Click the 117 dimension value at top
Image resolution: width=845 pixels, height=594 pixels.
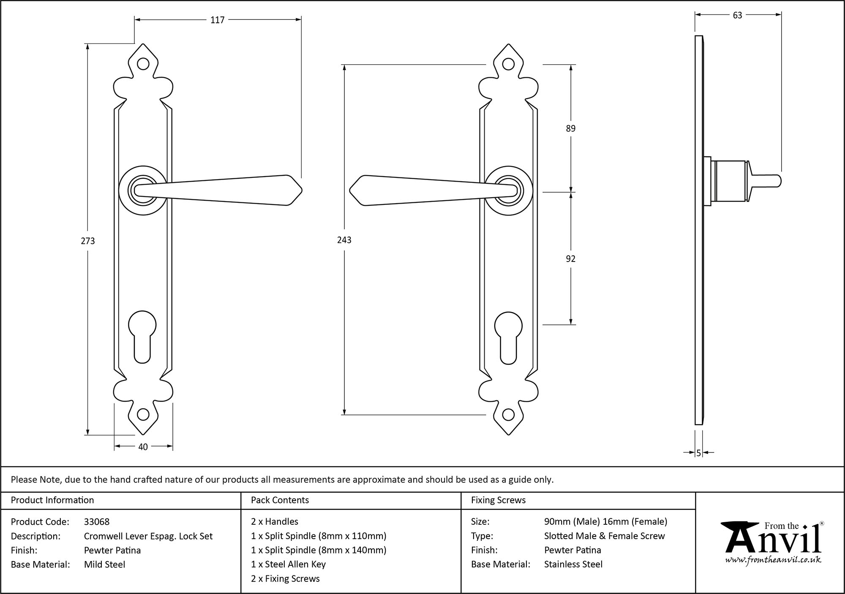(x=217, y=20)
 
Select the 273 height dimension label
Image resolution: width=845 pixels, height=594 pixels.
(x=88, y=241)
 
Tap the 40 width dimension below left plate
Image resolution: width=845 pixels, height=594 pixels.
(x=143, y=447)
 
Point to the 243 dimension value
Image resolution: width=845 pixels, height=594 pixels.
(x=344, y=240)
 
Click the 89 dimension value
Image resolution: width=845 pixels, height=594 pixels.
(x=570, y=128)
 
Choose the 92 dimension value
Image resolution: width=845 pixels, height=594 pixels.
(x=570, y=259)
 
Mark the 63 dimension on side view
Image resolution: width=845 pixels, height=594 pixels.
(x=737, y=15)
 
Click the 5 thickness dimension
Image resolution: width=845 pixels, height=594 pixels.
(x=699, y=453)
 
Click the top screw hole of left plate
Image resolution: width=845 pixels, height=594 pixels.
(x=143, y=64)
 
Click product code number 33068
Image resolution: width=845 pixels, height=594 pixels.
(x=97, y=522)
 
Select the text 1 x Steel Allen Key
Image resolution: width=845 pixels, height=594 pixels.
(x=288, y=564)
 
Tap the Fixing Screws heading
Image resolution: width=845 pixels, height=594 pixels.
(x=498, y=500)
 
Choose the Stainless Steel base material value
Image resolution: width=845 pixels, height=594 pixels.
(x=573, y=564)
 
